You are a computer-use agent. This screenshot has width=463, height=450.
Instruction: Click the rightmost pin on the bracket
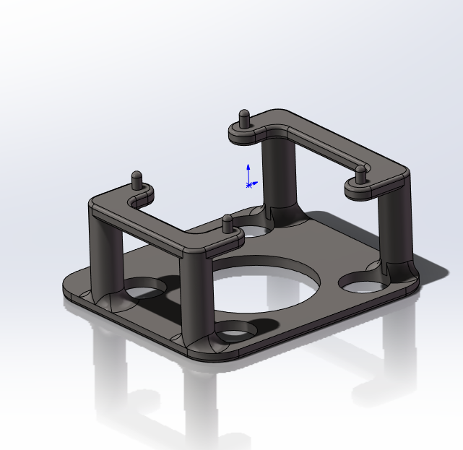point(359,174)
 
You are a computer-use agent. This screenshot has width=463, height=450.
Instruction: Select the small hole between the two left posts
point(144,290)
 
